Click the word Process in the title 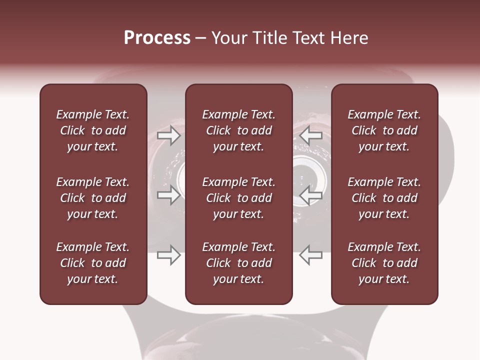[157, 38]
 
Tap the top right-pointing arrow [168, 135]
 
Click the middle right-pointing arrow [168, 195]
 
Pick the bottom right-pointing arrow [168, 255]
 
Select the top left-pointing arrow [311, 135]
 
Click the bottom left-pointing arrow [311, 255]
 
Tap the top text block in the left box [93, 130]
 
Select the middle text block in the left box [93, 198]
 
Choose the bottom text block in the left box [93, 263]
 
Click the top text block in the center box [238, 130]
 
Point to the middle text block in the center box [238, 198]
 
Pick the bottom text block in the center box [238, 263]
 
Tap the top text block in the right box [384, 130]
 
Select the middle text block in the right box [384, 198]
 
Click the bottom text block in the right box [384, 263]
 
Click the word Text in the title [307, 38]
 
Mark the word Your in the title [227, 38]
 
